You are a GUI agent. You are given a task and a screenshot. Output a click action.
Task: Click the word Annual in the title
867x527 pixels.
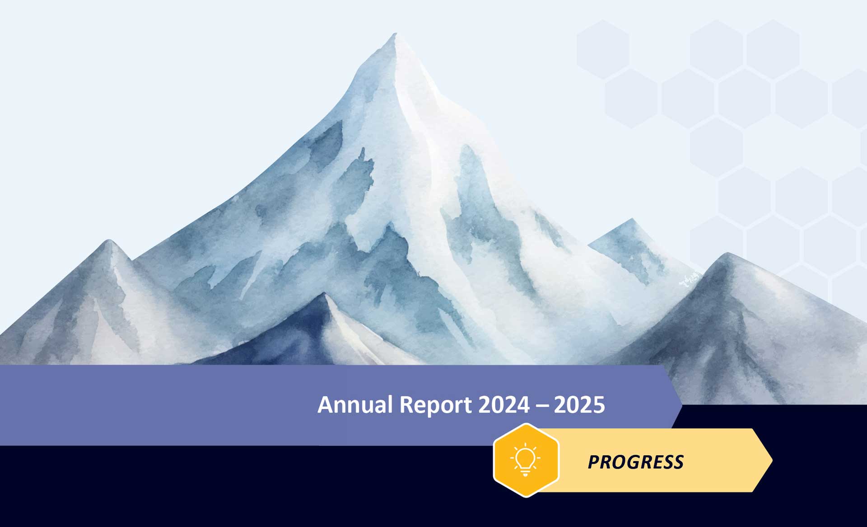(355, 404)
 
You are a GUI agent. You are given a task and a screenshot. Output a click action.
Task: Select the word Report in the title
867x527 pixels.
(436, 405)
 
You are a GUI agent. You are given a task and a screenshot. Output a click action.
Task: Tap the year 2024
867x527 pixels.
(504, 405)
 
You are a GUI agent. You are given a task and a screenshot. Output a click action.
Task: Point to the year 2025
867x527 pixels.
(579, 405)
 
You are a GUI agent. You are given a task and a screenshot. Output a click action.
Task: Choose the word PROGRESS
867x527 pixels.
(635, 462)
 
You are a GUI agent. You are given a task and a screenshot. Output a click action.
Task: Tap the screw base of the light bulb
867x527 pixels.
(525, 472)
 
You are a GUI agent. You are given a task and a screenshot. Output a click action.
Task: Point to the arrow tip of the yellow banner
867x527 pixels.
(772, 461)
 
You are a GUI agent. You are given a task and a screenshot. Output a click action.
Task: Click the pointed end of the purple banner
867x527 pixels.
(682, 405)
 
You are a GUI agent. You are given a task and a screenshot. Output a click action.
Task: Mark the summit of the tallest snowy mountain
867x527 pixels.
(395, 33)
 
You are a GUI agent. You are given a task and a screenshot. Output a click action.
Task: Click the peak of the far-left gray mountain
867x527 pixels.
(109, 240)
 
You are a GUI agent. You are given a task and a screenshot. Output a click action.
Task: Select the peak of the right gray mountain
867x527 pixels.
(727, 254)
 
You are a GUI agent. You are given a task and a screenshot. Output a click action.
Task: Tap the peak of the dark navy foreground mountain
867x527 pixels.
(324, 293)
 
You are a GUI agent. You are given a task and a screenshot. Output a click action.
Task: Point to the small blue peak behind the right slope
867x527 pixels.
(632, 219)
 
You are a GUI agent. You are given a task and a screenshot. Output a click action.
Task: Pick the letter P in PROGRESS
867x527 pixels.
(594, 462)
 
